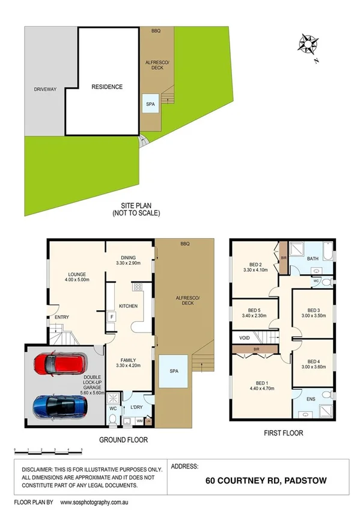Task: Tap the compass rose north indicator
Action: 309,45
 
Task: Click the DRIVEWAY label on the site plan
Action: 45,90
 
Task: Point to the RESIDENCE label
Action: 107,87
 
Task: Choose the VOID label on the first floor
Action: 245,337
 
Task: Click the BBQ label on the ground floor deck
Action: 185,244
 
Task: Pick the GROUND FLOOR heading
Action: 123,440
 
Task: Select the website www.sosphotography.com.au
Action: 99,501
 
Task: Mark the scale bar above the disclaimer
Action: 47,450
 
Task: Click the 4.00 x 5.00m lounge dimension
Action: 77,279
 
